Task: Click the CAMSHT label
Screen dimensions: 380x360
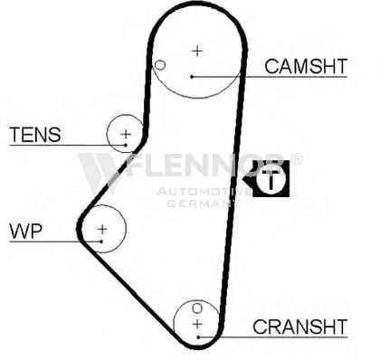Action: click(306, 66)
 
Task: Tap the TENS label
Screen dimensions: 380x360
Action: click(35, 135)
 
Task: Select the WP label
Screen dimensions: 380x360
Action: click(26, 231)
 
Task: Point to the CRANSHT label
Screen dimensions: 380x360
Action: click(299, 327)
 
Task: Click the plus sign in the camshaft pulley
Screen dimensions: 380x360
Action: click(197, 51)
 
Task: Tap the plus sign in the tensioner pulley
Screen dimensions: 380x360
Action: click(126, 134)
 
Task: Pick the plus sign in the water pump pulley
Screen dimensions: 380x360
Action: click(102, 229)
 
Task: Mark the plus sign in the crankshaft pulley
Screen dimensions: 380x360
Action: click(197, 324)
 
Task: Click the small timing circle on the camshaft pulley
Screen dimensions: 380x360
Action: click(160, 65)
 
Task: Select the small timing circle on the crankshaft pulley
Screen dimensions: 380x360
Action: click(197, 308)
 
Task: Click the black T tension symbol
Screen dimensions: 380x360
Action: click(267, 178)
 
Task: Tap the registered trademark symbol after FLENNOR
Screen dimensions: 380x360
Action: click(297, 159)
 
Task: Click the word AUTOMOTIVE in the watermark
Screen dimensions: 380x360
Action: click(204, 192)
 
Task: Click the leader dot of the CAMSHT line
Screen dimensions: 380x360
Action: click(192, 77)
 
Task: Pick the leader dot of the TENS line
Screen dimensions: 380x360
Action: click(126, 146)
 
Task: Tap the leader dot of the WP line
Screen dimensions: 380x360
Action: click(101, 242)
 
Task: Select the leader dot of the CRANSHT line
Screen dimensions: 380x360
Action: click(198, 337)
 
